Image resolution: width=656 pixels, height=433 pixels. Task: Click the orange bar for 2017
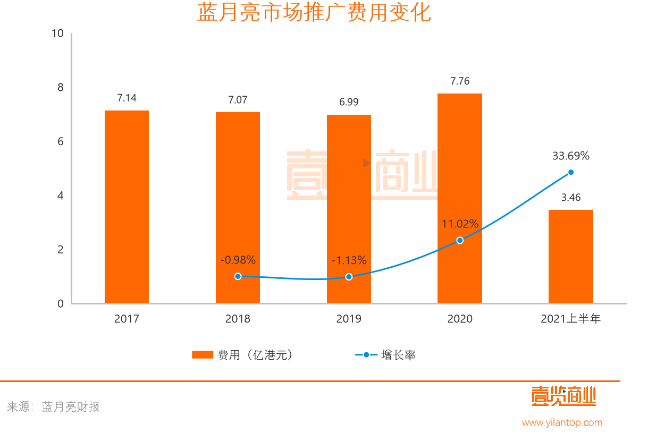tap(127, 207)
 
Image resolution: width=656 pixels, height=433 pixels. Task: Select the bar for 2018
tap(238, 207)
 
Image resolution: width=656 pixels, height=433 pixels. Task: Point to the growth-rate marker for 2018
tap(238, 276)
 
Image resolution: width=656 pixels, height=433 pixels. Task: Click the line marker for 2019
tap(349, 277)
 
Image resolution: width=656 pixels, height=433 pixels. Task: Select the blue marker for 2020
tap(460, 240)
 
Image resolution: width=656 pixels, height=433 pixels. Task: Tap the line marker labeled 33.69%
tap(571, 172)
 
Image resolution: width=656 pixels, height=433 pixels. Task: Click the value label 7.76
tap(460, 81)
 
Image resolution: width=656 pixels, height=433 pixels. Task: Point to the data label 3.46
tap(571, 198)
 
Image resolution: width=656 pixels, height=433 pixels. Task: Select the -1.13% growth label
tap(349, 260)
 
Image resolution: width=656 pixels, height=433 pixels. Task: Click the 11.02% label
tap(460, 224)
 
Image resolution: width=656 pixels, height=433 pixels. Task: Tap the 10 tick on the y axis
tap(57, 33)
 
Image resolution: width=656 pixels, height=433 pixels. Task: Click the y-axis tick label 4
tap(60, 196)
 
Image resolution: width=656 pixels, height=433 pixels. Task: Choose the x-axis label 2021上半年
tap(570, 319)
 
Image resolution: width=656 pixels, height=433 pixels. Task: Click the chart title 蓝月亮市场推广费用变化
tap(314, 13)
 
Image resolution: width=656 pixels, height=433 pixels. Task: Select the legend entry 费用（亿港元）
tap(242, 355)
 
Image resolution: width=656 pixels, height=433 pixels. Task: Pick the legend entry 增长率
tap(385, 355)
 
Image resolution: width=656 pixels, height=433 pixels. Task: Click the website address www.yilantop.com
tap(562, 422)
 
